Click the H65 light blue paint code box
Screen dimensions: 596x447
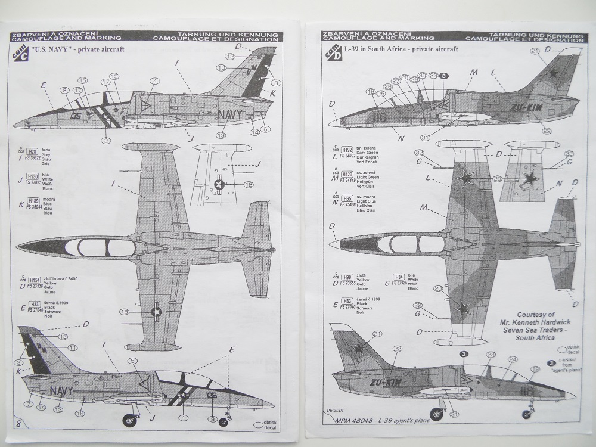tap(347, 198)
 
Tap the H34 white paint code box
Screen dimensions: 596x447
tap(399, 276)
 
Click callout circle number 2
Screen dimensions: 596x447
tap(105, 141)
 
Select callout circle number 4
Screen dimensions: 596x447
tap(154, 81)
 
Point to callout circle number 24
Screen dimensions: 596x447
tap(512, 359)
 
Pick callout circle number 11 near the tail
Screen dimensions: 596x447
tap(72, 347)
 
